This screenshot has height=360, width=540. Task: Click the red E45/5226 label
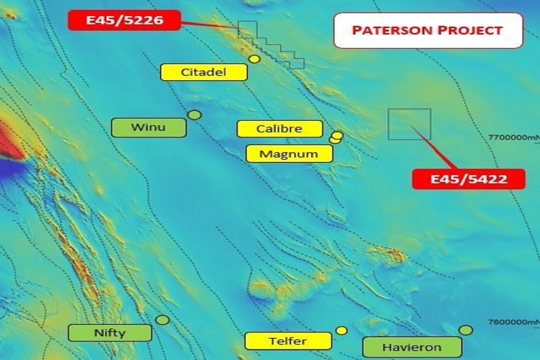[x=124, y=20]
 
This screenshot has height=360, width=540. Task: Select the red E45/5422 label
[x=468, y=179]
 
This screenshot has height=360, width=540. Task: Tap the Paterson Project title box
[x=428, y=30]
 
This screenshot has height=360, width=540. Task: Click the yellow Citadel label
[x=204, y=72]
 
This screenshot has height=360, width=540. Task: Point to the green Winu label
[x=148, y=127]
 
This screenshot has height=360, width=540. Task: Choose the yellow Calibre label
[x=279, y=129]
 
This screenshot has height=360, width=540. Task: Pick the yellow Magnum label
[x=289, y=154]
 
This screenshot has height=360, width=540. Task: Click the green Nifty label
[x=110, y=333]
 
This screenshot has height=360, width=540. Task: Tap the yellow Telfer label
[x=288, y=341]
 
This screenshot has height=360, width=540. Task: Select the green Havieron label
[x=412, y=347]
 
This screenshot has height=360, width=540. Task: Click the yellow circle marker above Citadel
[x=255, y=59]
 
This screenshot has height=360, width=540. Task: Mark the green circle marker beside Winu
[x=194, y=115]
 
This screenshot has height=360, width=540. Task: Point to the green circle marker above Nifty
[x=162, y=320]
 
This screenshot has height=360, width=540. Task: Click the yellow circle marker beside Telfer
[x=342, y=330]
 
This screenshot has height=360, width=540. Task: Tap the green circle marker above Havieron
[x=466, y=330]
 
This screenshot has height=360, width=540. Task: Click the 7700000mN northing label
[x=513, y=137]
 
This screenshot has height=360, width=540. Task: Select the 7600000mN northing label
[x=513, y=322]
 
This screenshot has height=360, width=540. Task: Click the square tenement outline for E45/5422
[x=409, y=124]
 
